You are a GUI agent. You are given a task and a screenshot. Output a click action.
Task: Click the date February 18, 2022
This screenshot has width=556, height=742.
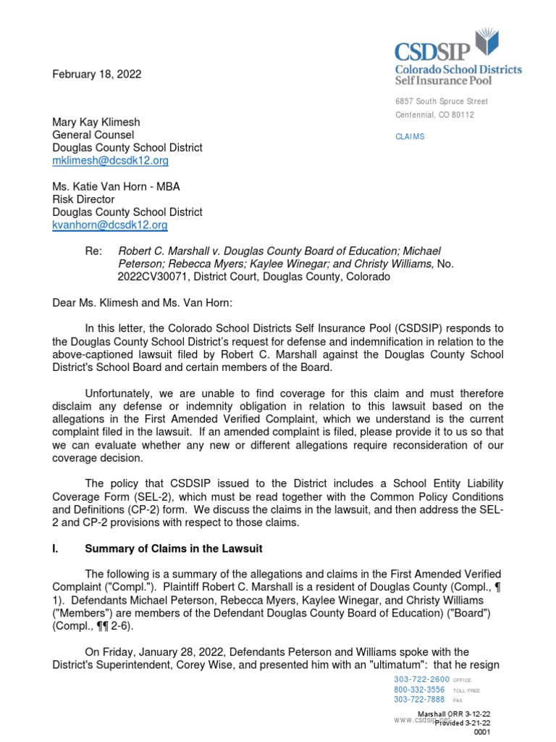coord(96,74)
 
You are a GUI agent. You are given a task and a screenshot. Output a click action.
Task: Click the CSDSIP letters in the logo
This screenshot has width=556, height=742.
coord(432,51)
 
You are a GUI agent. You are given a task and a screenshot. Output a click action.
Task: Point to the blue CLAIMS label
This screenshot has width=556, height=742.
coord(410,136)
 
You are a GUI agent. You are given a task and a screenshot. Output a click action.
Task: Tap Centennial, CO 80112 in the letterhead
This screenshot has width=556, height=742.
coord(434,115)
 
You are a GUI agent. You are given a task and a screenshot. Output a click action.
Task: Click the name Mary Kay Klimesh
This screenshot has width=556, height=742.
coord(96,122)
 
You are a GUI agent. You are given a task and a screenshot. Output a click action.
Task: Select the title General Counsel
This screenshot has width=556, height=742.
coord(93,135)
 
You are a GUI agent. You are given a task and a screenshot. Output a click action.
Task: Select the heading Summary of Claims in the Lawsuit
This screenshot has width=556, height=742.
coord(174,548)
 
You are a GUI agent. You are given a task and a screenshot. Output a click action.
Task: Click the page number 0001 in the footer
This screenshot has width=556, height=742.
coord(482,733)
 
